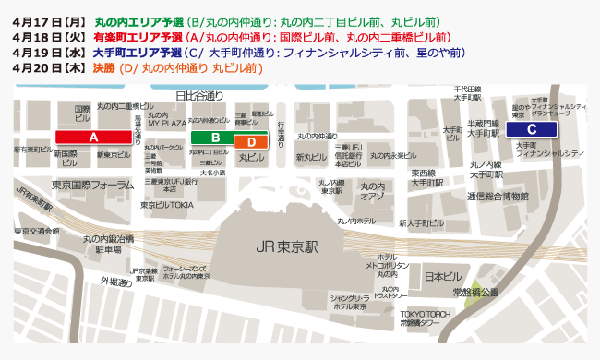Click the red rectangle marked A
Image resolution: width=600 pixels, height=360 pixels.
point(92,136)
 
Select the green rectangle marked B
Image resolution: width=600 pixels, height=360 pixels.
point(215,137)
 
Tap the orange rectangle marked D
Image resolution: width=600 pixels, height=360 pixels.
point(250,142)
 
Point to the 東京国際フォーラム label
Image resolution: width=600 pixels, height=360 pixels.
point(93,185)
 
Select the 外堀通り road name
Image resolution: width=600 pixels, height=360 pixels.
point(116,282)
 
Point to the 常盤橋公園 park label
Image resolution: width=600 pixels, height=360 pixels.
point(475,292)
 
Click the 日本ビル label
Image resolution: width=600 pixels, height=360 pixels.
point(442,276)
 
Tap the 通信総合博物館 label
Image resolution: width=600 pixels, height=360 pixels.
point(498,197)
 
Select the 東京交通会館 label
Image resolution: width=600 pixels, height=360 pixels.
point(37,232)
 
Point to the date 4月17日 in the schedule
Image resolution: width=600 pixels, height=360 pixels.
point(37,21)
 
